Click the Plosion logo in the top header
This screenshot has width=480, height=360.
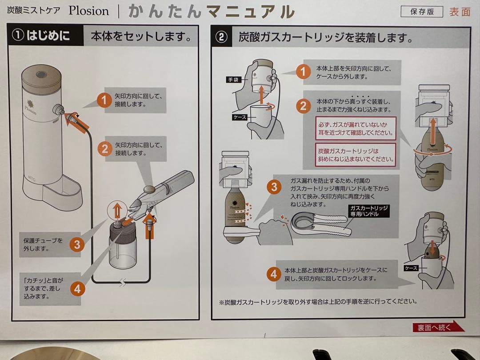(x=88, y=11)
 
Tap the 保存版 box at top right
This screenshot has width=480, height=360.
(x=421, y=12)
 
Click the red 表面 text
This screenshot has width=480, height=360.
(x=459, y=12)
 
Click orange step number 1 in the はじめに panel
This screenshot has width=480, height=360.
(x=104, y=101)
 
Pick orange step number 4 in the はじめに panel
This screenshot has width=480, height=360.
(x=77, y=289)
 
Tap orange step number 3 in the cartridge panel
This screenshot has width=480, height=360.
(x=273, y=187)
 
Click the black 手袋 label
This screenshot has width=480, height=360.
(x=233, y=80)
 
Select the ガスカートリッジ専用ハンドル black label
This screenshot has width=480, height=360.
(x=369, y=211)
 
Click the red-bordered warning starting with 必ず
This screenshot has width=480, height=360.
(x=356, y=128)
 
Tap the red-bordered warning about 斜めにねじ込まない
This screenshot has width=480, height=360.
(x=356, y=155)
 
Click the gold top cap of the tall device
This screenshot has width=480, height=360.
(x=41, y=79)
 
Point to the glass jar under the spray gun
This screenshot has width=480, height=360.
(x=122, y=249)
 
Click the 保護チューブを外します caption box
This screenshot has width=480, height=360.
(x=44, y=244)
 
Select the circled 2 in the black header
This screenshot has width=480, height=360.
(x=221, y=37)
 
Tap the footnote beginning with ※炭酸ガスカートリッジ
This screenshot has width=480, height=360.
(x=318, y=301)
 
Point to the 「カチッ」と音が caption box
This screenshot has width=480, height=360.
(x=44, y=288)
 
